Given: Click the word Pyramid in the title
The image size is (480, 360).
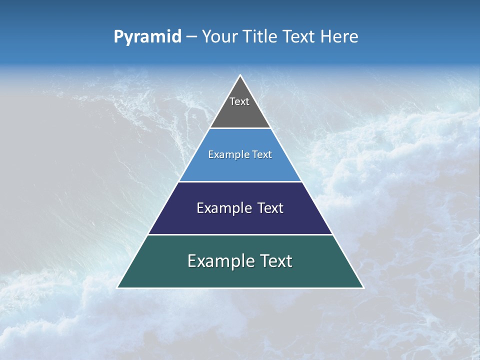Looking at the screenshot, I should pos(147,37).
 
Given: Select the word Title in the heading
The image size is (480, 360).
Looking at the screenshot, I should pos(260,37).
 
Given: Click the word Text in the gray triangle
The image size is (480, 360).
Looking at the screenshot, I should pos(239,101).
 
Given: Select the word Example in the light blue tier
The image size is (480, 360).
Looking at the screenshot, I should pos(224,154).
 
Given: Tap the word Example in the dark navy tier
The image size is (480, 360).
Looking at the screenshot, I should pos(219,208).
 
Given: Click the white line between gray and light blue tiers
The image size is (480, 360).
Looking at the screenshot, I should pos(240,128).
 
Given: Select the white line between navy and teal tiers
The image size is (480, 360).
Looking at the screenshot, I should pos(240,234).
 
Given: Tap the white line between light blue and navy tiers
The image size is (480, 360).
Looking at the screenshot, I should pos(240,181).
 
